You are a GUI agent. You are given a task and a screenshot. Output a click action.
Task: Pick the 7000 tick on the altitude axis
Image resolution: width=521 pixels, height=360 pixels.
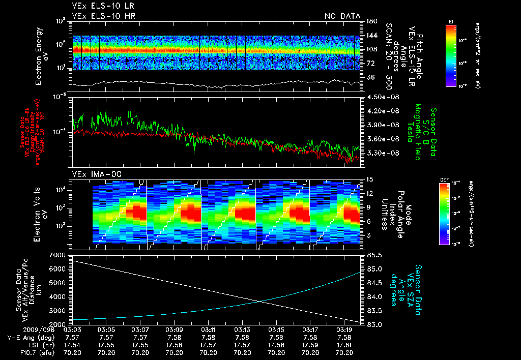[57, 254]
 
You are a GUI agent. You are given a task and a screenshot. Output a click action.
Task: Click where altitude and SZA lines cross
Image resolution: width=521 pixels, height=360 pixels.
[260, 301]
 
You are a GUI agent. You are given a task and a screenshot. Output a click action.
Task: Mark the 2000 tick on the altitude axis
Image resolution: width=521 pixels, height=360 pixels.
[57, 324]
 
